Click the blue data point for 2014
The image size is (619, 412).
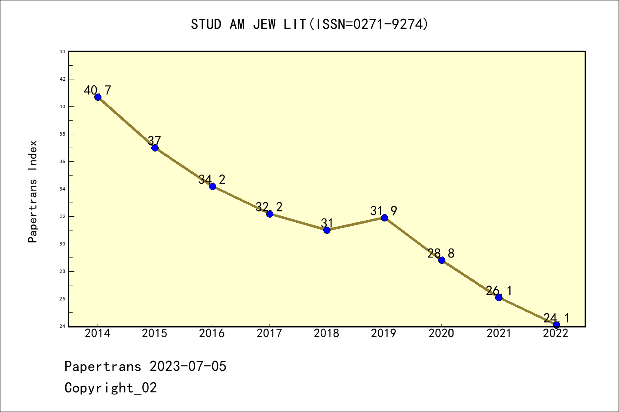(98, 97)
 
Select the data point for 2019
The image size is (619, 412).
(384, 218)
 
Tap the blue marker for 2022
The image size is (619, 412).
(556, 325)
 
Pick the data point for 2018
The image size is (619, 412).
(327, 230)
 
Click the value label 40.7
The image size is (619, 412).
(98, 91)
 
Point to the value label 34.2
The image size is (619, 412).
(212, 179)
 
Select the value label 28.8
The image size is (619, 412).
(441, 253)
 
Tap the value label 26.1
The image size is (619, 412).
(499, 291)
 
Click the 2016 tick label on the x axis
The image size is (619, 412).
(212, 333)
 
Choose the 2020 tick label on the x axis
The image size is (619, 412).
(441, 333)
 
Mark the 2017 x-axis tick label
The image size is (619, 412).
(270, 333)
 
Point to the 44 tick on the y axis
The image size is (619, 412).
(62, 51)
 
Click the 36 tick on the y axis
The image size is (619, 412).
(62, 161)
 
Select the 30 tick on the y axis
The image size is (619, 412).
(62, 244)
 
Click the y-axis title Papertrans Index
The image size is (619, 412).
(33, 191)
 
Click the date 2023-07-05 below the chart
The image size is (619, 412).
(188, 367)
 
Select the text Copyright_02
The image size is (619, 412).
(110, 388)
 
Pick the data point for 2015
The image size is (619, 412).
(155, 148)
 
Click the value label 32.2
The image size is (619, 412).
(269, 207)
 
